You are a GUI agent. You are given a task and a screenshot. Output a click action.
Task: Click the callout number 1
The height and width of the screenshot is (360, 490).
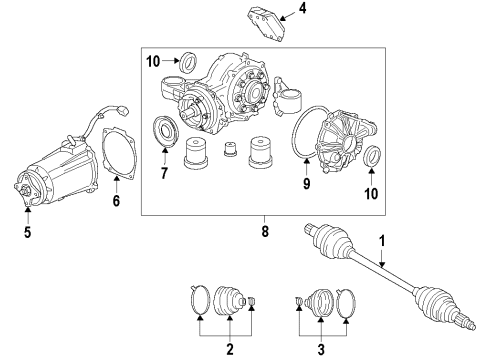coord(380,241)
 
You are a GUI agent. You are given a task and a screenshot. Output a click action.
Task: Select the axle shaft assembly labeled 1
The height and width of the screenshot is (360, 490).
coord(400,281)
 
